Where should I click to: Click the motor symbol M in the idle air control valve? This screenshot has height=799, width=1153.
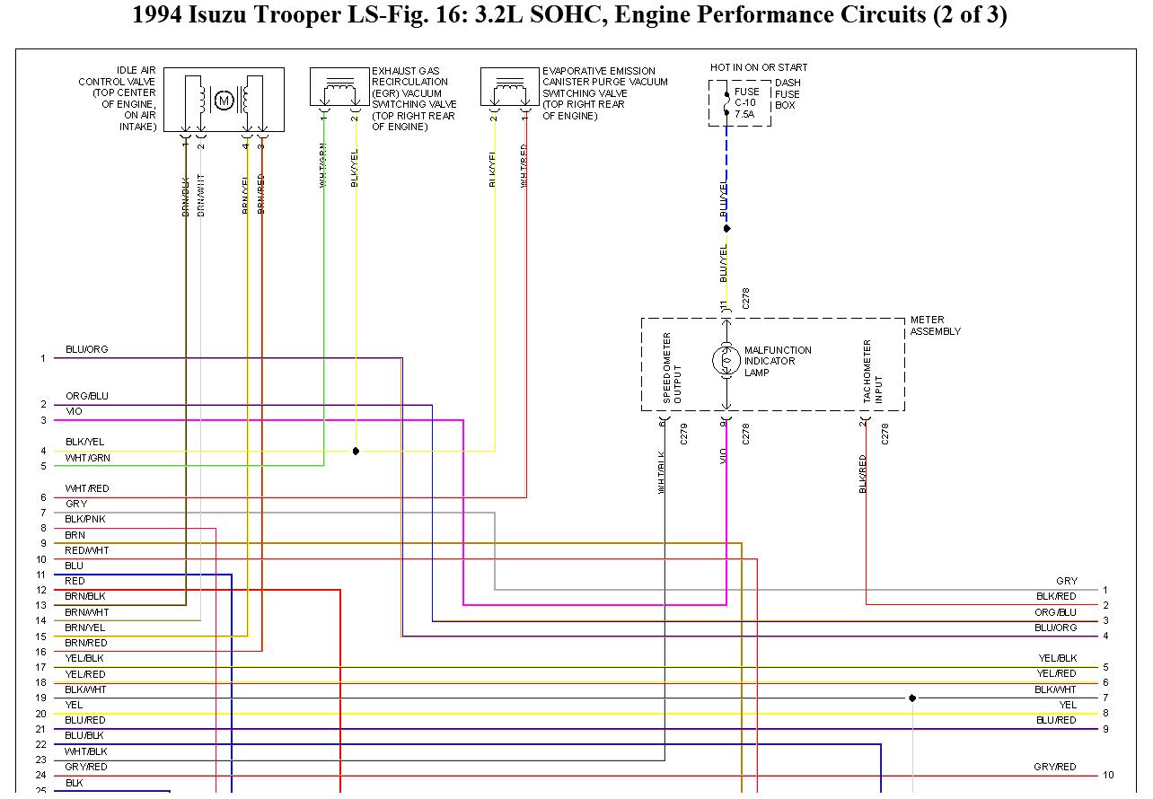pos(224,101)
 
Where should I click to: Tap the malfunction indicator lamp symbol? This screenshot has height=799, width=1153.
pos(726,361)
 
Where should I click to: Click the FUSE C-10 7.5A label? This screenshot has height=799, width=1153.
pos(747,103)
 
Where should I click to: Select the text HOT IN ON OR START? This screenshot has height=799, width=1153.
pos(759,67)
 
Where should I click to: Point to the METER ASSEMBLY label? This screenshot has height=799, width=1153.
pos(935,326)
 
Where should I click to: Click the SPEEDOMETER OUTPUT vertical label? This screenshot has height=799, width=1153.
pos(672,368)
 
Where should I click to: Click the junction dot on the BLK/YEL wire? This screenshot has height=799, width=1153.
pos(356,451)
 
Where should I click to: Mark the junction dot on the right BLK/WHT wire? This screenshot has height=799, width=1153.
pos(912,698)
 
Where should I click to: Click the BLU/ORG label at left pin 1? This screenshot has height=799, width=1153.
pos(86,349)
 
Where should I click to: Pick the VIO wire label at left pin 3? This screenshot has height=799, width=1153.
pos(74,411)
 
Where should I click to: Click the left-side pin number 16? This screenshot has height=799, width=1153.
pos(41,652)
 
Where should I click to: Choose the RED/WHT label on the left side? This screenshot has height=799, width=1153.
pos(86,550)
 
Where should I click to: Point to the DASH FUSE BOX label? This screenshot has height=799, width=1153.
pos(788,94)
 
